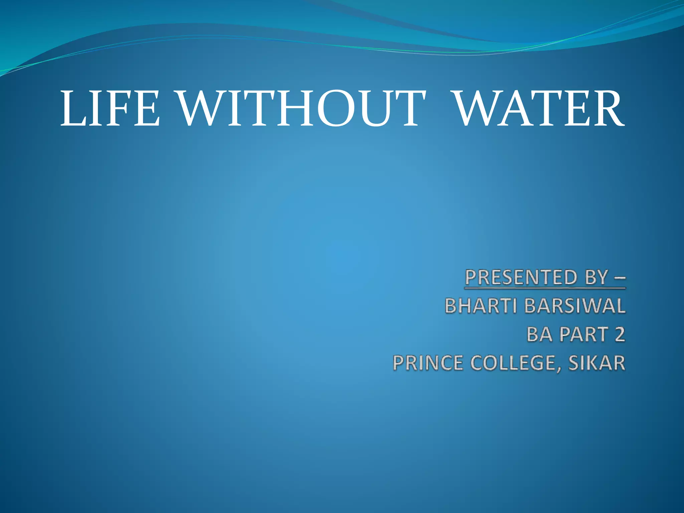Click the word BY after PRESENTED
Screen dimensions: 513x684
click(x=596, y=277)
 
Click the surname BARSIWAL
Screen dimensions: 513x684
click(x=575, y=306)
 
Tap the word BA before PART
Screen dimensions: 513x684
click(x=539, y=334)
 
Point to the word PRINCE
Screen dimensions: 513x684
click(x=428, y=363)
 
